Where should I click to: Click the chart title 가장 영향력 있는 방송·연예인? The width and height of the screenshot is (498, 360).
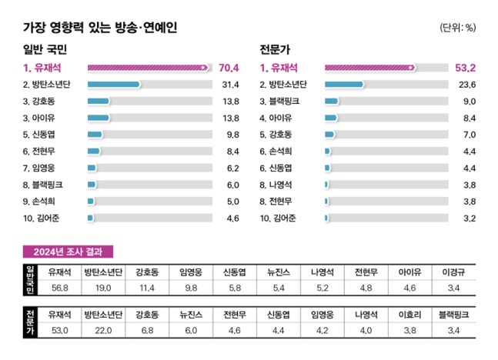coord(101,28)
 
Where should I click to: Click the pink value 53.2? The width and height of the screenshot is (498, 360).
coord(464,68)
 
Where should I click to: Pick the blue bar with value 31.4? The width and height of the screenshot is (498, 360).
coord(114,85)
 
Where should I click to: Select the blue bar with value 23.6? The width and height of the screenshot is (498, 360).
coord(344,85)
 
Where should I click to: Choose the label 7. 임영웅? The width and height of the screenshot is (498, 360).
coord(44,168)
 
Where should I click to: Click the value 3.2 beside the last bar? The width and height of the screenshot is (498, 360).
coord(466,218)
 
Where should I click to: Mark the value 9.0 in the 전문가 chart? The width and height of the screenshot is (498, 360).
coord(466,102)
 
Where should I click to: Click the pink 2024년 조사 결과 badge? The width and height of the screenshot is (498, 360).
coord(69,252)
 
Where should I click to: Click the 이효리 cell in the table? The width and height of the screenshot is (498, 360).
coord(409,315)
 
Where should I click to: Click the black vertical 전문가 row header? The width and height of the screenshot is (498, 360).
coord(30,322)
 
